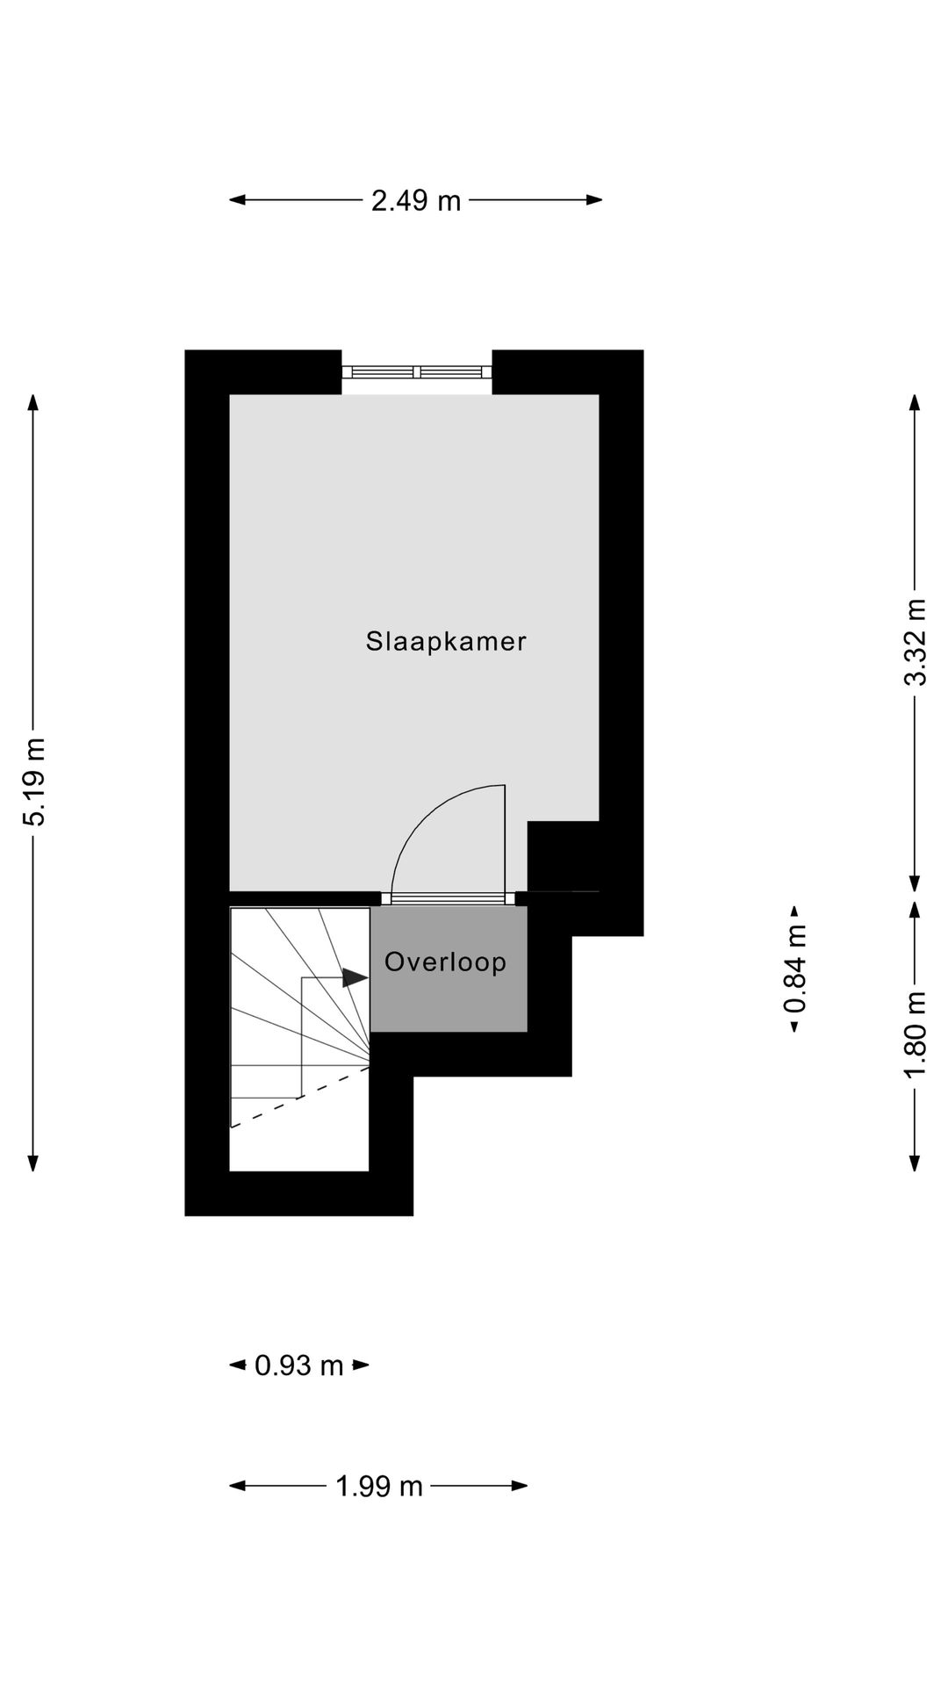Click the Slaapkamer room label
pos(446,641)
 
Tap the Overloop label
pos(445,962)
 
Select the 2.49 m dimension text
pos(415,201)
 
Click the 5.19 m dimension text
pos(34,782)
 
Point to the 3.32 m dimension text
pos(916,641)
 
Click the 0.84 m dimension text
pos(795,969)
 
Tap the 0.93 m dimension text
pos(299,1365)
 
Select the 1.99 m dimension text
pos(379,1486)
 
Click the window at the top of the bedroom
pos(417,372)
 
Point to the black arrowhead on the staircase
pos(355,977)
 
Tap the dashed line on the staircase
pos(298,1099)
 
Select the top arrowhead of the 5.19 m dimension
pos(33,402)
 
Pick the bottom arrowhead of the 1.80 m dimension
pos(915,1164)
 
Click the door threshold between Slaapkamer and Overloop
pos(449,897)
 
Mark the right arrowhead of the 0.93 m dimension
pos(362,1365)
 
